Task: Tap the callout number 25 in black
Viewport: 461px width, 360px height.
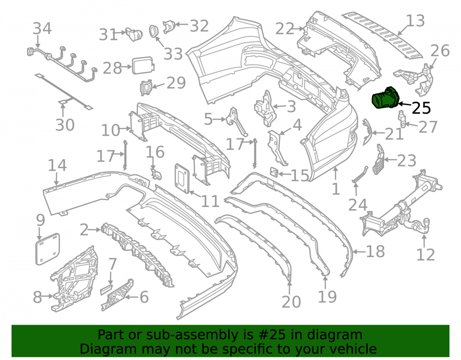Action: pyautogui.click(x=421, y=108)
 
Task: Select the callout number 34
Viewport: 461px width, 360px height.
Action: pyautogui.click(x=42, y=29)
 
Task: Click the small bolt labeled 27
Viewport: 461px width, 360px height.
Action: pyautogui.click(x=402, y=119)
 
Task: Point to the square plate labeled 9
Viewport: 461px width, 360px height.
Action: pyautogui.click(x=47, y=248)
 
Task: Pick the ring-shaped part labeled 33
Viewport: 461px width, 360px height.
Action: pyautogui.click(x=153, y=31)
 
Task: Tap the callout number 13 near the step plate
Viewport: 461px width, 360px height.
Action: pyautogui.click(x=415, y=21)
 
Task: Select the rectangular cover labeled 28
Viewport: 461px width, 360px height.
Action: pyautogui.click(x=143, y=65)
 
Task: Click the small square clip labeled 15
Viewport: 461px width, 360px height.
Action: pyautogui.click(x=274, y=172)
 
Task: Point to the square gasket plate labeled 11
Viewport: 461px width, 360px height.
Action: pyautogui.click(x=182, y=178)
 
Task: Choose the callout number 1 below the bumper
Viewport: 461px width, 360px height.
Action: pyautogui.click(x=336, y=189)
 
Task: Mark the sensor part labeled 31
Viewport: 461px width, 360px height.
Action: pyautogui.click(x=134, y=34)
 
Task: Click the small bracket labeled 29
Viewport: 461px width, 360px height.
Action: pyautogui.click(x=146, y=88)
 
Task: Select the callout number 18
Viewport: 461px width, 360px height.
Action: pyautogui.click(x=375, y=252)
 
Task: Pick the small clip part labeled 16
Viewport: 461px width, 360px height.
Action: pyautogui.click(x=156, y=174)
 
